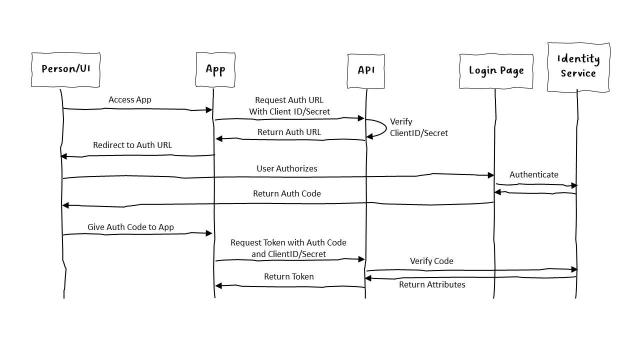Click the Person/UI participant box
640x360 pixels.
[x=65, y=69]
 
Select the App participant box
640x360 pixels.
[x=215, y=69]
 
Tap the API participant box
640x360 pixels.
[x=366, y=70]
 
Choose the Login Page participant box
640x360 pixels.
[x=496, y=70]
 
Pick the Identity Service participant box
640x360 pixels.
[x=578, y=67]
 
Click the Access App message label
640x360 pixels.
[x=130, y=99]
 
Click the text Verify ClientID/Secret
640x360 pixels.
[x=418, y=127]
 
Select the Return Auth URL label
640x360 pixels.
[x=289, y=132]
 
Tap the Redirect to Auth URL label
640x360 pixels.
[x=132, y=145]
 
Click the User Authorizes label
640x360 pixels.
[x=287, y=168]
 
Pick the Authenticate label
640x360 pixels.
[x=533, y=174]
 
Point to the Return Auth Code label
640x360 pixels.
[x=287, y=193]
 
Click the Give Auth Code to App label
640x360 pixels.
[x=130, y=227]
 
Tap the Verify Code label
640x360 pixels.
[x=431, y=261]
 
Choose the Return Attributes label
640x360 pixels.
[x=432, y=284]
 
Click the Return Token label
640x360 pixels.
[x=289, y=276]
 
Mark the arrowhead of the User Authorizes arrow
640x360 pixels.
[x=491, y=175]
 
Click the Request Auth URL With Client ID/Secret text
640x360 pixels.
[x=289, y=106]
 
